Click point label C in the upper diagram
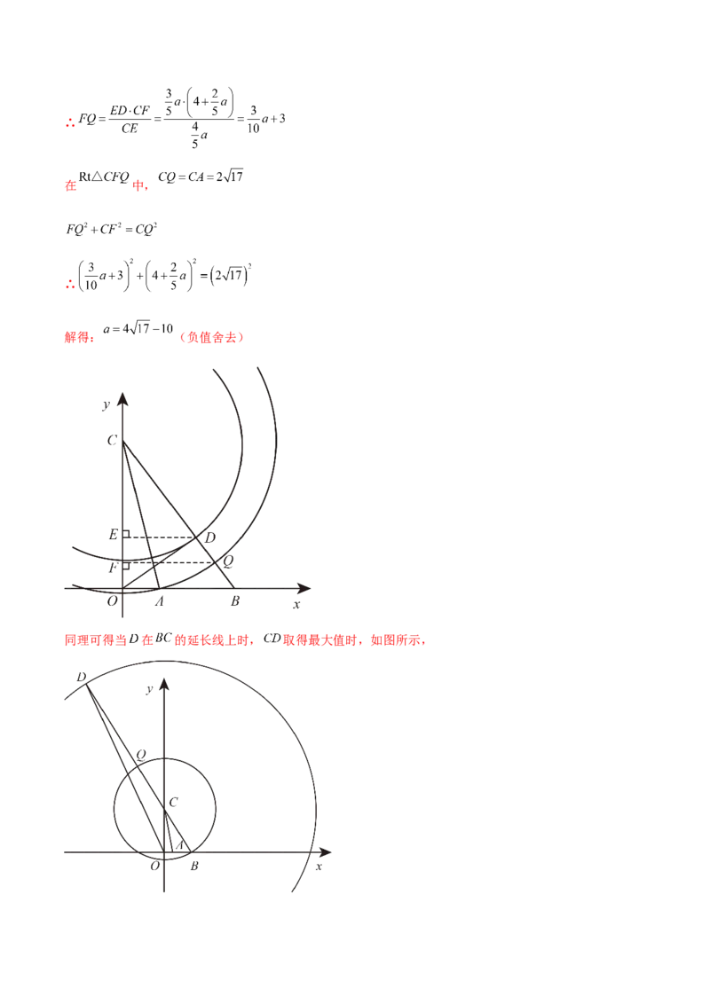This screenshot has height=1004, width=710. (x=112, y=440)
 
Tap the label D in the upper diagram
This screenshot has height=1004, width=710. (x=209, y=537)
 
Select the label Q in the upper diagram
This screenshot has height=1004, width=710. (x=227, y=561)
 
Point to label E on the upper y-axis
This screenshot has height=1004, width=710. (x=114, y=534)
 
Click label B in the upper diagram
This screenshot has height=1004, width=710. (x=235, y=601)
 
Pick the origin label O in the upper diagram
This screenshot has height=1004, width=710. (x=112, y=601)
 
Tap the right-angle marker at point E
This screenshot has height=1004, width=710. (x=126, y=534)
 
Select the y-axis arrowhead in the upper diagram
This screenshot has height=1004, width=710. (x=123, y=398)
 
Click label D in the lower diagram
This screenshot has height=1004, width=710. (x=82, y=678)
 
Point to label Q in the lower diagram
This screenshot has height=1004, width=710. (x=141, y=755)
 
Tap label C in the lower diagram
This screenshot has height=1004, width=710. (x=173, y=802)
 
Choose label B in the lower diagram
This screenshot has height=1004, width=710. (x=194, y=867)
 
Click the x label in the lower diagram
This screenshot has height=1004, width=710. (x=319, y=867)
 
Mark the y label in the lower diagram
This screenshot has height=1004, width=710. (x=149, y=690)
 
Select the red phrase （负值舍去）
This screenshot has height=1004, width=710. (x=211, y=337)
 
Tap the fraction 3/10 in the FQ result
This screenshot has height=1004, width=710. (x=253, y=119)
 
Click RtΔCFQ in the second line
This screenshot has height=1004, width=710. (x=104, y=176)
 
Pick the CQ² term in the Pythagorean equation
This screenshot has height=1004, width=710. (x=146, y=229)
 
